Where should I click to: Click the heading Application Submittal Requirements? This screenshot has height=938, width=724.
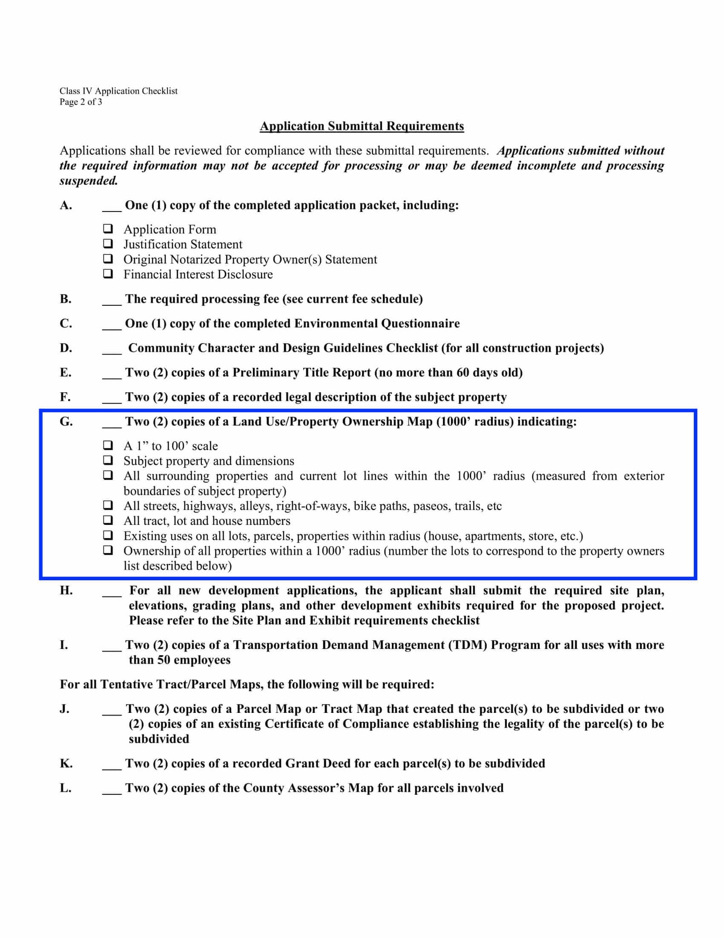click(362, 126)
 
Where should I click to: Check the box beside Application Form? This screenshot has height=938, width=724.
click(108, 229)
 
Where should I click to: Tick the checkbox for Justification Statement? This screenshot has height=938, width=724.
click(108, 244)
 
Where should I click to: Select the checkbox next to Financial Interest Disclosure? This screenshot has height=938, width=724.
click(108, 274)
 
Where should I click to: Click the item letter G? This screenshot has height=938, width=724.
click(66, 422)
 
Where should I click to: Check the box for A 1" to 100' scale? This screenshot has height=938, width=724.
click(108, 445)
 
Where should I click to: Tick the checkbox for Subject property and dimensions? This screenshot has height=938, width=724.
click(108, 460)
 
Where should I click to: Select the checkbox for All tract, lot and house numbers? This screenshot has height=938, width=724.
click(108, 520)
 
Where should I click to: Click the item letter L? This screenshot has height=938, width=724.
click(65, 788)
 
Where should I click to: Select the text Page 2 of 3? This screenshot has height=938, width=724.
click(81, 102)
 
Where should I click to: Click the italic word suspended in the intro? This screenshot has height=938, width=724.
click(89, 181)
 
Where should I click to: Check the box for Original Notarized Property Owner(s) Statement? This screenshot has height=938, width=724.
click(108, 259)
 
